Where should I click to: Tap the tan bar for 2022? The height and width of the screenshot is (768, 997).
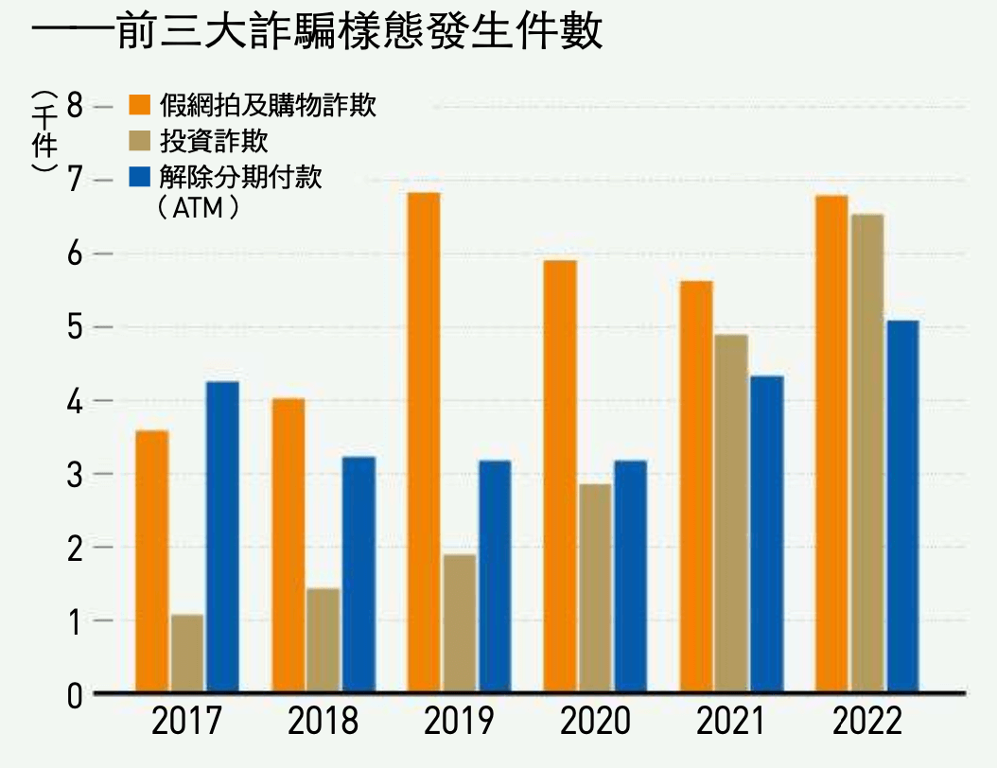pos(866,454)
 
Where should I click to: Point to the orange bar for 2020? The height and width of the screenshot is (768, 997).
pos(560,477)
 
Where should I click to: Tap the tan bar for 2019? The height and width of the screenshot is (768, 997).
pos(459,623)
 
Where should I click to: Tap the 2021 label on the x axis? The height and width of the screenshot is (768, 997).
pos(730,723)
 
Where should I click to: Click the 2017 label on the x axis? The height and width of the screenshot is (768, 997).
pos(186,723)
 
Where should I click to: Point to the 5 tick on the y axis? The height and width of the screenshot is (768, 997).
pos(77,327)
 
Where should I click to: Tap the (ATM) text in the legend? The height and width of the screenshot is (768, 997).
pos(200,207)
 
